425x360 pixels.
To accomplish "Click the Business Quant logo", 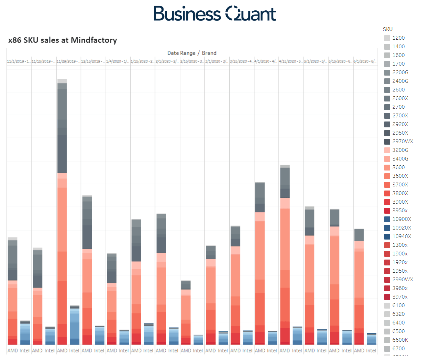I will [215, 14].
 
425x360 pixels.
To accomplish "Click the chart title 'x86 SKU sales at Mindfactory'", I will [62, 40].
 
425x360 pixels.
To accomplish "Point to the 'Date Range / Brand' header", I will [192, 53].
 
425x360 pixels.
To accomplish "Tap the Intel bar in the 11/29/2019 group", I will [75, 325].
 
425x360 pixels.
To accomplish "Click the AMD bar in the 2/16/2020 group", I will [186, 312].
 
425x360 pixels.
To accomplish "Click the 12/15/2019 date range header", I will [93, 61].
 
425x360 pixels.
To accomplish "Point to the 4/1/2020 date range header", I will [266, 61].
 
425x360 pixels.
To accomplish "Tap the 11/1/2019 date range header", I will [19, 61].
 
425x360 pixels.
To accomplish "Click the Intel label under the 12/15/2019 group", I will [99, 350].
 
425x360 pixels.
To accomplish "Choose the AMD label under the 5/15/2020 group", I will [334, 350].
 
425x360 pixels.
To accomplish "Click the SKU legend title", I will [388, 29].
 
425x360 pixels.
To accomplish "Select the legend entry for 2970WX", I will [402, 142].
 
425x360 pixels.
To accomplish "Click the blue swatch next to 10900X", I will [387, 219].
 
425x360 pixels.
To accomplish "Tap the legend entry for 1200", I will [398, 38].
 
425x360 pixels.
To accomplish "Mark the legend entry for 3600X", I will [400, 176].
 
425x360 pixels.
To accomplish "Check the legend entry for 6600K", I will [400, 340].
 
